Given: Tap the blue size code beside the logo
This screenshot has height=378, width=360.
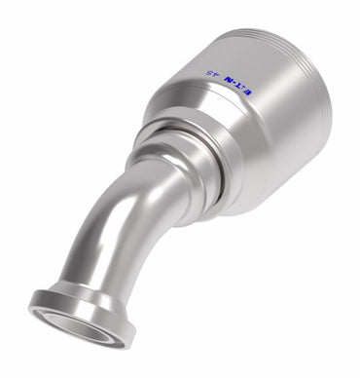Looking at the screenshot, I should pos(211,74).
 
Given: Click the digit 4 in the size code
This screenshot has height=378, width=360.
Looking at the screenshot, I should pos(215,75).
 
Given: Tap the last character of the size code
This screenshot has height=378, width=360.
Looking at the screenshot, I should pos(207,73).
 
